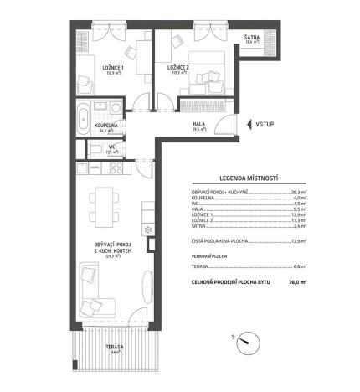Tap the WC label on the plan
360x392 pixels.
(x=111, y=148)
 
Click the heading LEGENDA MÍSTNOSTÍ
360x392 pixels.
(x=249, y=178)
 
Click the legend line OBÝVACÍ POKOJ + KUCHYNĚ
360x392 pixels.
(x=226, y=193)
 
